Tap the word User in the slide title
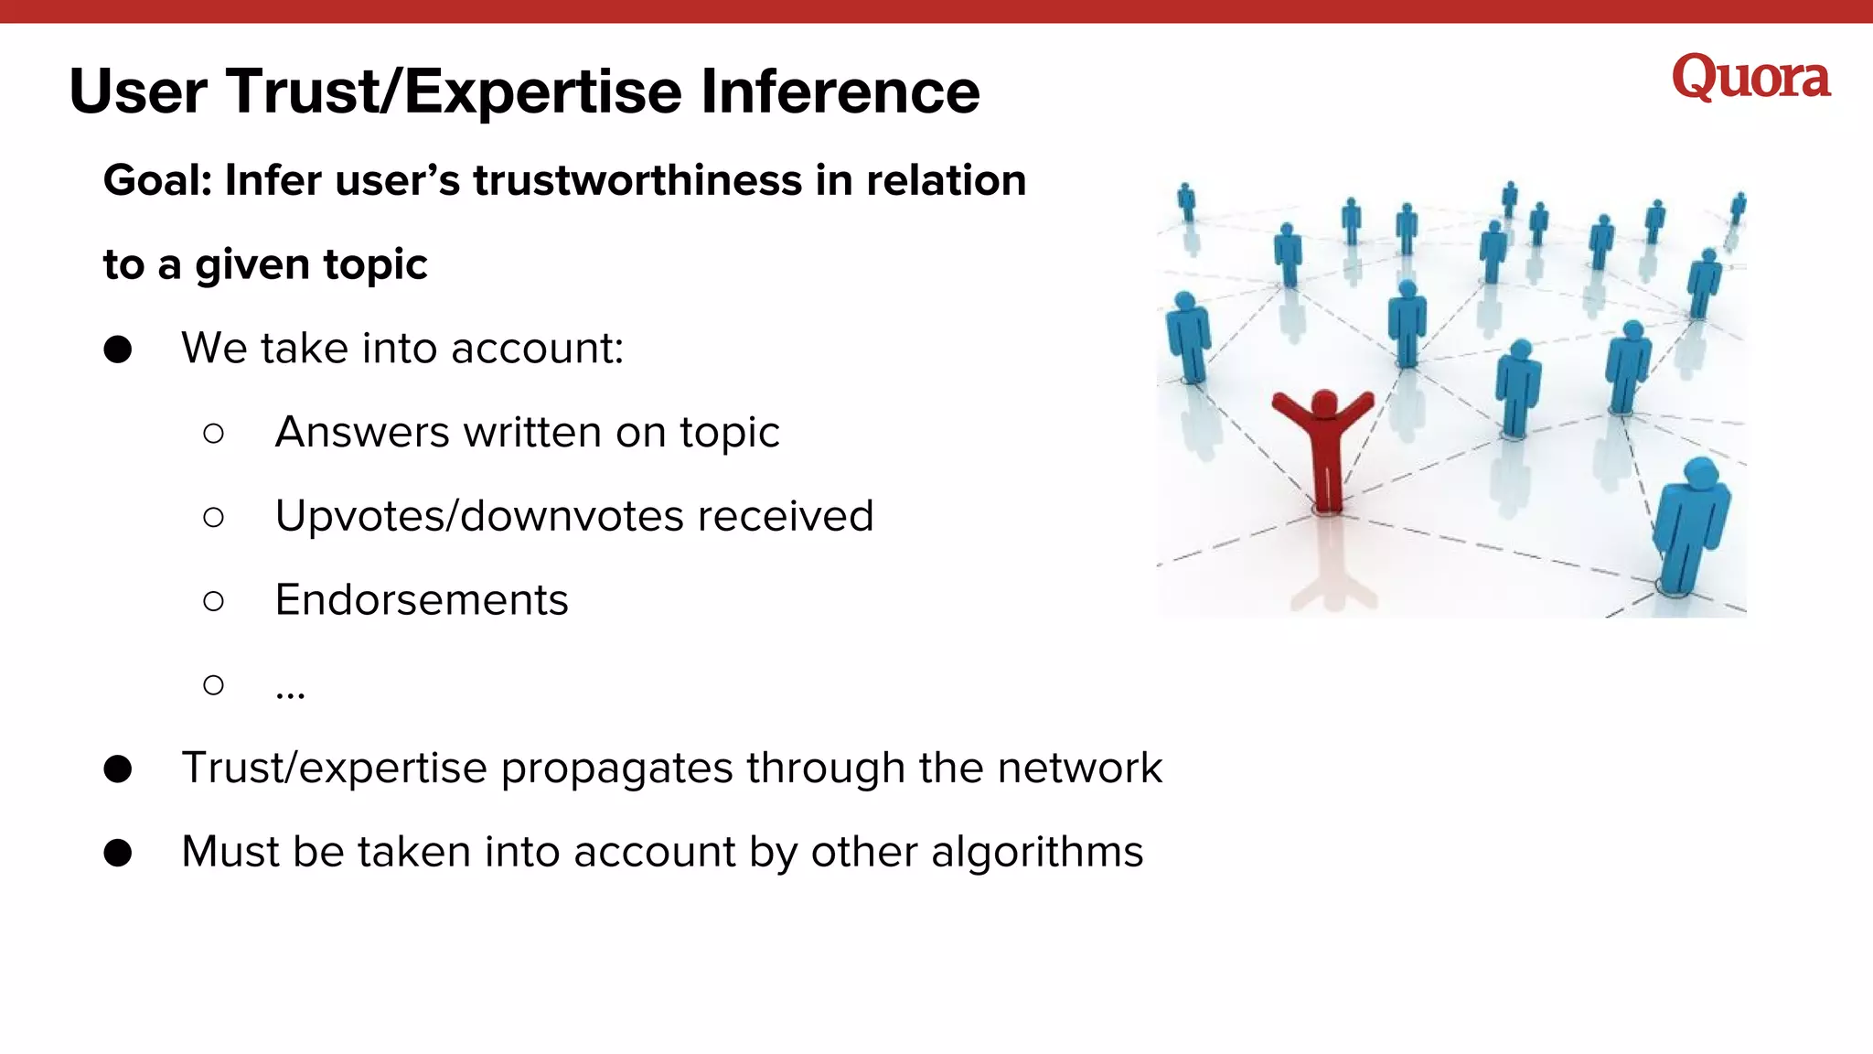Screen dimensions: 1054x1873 [x=138, y=91]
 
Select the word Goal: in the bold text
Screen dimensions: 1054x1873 [x=157, y=180]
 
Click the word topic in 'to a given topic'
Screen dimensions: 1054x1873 [x=375, y=265]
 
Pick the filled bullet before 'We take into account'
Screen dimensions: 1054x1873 [x=118, y=350]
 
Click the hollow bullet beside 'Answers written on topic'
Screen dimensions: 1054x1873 [x=213, y=433]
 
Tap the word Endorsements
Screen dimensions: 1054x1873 [x=422, y=600]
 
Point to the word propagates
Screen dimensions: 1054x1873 [x=616, y=769]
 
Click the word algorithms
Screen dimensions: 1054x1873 [x=1037, y=853]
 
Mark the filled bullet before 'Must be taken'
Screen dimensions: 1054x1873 [x=118, y=853]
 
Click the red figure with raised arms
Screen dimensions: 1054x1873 [x=1324, y=448]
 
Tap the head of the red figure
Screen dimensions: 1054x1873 [x=1323, y=402]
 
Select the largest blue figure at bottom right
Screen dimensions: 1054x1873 [x=1691, y=525]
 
